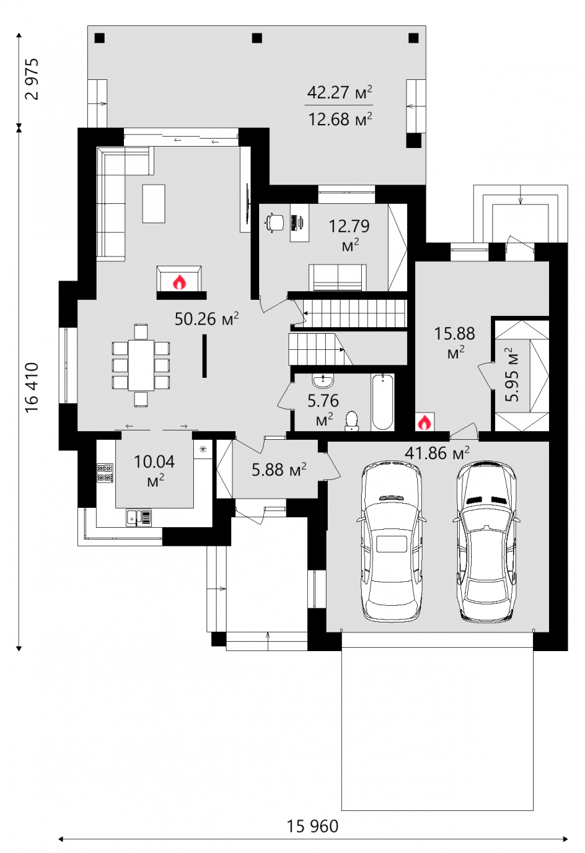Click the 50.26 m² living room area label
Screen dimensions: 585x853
[x=207, y=319]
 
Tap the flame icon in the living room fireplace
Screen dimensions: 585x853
[x=179, y=282]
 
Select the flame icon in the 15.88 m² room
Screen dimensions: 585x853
[x=424, y=422]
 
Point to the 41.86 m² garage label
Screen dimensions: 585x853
[x=437, y=452]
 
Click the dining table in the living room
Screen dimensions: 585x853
[x=141, y=365]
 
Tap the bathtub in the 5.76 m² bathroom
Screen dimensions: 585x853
[x=382, y=402]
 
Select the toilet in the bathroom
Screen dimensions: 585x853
[x=352, y=421]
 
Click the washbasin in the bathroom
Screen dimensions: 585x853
[x=323, y=381]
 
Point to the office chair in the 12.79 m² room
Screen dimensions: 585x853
[x=275, y=222]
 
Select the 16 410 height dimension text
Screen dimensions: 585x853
[x=31, y=387]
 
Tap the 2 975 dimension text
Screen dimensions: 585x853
[x=31, y=79]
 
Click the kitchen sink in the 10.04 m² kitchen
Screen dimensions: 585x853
[x=139, y=518]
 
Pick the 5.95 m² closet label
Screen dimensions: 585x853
[x=512, y=375]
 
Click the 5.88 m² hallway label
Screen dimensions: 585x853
[x=279, y=469]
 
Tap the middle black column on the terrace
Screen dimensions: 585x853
[x=257, y=38]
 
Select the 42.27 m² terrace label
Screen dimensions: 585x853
[x=340, y=92]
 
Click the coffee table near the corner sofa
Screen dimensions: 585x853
[x=154, y=204]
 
